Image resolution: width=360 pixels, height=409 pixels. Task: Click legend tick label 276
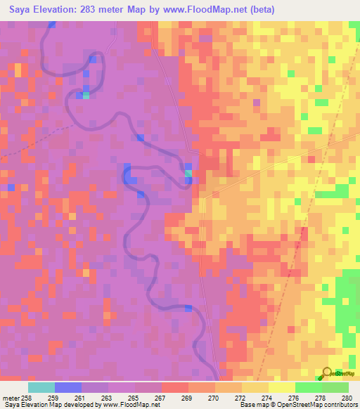293,398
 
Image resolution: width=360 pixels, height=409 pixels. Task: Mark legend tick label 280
345,398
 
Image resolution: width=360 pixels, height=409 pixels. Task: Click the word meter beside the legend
11,398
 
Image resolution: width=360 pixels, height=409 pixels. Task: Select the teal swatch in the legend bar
41,387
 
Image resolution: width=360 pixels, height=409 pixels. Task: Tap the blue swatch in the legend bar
68,387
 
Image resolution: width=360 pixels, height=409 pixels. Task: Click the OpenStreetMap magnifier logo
327,374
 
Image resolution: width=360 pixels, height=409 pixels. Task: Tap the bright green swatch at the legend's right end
335,387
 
